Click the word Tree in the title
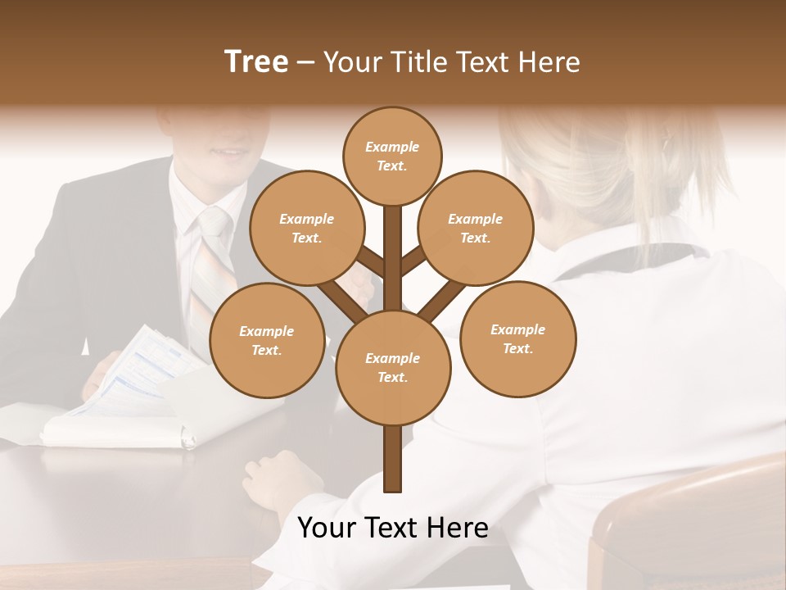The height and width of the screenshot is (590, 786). (x=256, y=61)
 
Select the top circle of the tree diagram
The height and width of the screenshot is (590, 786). (x=392, y=156)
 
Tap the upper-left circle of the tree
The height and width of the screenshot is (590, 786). (x=306, y=228)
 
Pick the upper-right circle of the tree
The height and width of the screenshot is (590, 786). (x=475, y=228)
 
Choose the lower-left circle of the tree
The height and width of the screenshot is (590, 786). (x=266, y=340)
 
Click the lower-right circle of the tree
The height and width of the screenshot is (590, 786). (x=517, y=338)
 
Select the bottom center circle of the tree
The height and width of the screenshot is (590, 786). (x=392, y=367)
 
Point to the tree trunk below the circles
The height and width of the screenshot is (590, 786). (x=392, y=459)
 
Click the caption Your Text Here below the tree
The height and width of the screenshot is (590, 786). (x=392, y=528)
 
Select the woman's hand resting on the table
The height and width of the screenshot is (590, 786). (x=282, y=479)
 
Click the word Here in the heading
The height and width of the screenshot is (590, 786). (x=549, y=61)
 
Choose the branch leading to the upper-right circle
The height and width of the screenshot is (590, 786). (x=414, y=260)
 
